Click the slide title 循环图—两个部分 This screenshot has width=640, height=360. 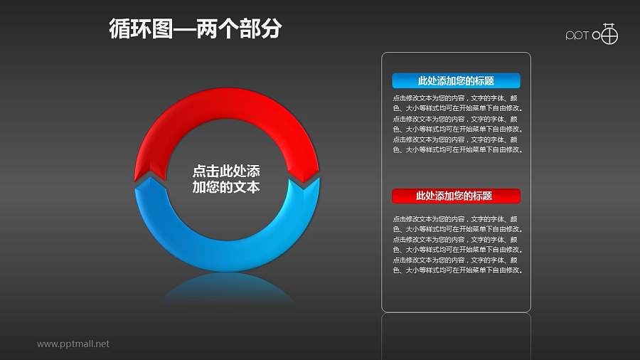(x=196, y=29)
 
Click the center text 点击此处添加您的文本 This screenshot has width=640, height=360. (x=226, y=179)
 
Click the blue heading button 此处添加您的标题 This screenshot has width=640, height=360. (x=456, y=81)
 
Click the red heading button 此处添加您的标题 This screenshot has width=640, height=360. (x=456, y=196)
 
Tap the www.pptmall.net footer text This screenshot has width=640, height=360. (x=73, y=344)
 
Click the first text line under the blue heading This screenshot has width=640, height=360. (x=456, y=98)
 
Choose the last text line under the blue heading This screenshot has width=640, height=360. (x=456, y=150)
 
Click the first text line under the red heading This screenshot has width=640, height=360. (x=456, y=219)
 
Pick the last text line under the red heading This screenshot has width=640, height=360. (x=456, y=271)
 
